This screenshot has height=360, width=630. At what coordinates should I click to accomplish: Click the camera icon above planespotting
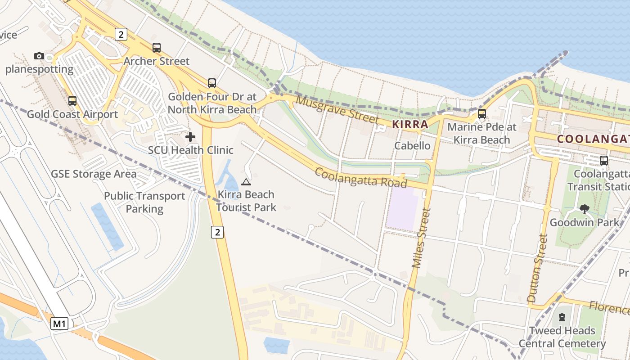[x=39, y=56]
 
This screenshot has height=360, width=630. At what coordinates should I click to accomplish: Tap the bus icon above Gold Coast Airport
[x=72, y=101]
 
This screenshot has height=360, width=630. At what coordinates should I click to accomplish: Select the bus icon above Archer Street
[x=157, y=48]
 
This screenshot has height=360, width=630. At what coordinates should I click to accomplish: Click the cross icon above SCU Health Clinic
[x=190, y=136]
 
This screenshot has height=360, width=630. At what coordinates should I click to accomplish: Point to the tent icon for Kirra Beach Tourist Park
[x=246, y=182]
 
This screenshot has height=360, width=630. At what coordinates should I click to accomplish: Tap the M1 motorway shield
[x=59, y=324]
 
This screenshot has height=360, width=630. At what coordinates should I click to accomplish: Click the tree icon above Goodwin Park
[x=584, y=209]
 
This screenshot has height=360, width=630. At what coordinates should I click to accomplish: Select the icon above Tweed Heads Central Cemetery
[x=562, y=317]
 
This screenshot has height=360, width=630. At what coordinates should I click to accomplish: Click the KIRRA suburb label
[x=409, y=124]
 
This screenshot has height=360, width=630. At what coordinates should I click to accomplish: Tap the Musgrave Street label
[x=337, y=109]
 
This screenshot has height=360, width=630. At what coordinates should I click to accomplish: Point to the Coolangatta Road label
[x=361, y=178]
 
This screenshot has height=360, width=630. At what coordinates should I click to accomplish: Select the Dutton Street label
[x=538, y=268]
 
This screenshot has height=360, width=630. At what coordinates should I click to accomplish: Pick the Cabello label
[x=412, y=145]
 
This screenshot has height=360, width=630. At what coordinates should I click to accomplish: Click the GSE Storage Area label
[x=94, y=174]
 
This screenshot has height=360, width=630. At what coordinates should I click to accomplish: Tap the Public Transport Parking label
[x=144, y=202]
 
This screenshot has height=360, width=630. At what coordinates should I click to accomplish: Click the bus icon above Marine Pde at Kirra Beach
[x=482, y=113]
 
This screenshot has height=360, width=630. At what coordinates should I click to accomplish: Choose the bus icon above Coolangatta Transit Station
[x=604, y=160]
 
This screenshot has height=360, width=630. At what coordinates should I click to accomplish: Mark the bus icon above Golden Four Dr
[x=212, y=83]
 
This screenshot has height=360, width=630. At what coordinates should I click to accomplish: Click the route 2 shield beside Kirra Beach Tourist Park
[x=217, y=232]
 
